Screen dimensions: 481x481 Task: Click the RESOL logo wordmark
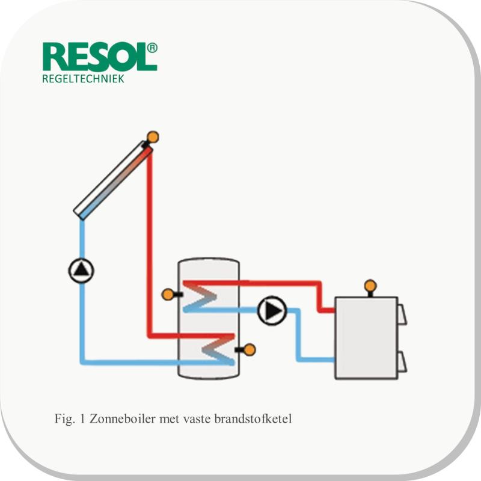(96, 57)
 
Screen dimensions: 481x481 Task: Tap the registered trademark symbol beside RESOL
(153, 48)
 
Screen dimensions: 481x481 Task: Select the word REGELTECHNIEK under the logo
(83, 79)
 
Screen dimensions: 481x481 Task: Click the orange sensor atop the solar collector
(153, 137)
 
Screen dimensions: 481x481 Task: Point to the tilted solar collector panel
(113, 180)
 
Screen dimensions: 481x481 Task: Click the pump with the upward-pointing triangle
(81, 271)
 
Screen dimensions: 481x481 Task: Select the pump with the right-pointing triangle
(272, 311)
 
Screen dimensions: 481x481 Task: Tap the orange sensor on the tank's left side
(168, 295)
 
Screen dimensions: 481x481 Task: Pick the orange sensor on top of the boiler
(370, 286)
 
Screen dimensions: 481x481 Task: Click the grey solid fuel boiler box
(366, 338)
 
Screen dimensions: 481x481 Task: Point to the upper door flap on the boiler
(402, 314)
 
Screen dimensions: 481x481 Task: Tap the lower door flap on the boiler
(402, 363)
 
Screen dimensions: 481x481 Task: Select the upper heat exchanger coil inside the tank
(200, 296)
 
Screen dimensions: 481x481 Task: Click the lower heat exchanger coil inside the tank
(218, 349)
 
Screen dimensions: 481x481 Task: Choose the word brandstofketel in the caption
(253, 418)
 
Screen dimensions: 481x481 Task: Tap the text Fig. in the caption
(64, 418)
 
